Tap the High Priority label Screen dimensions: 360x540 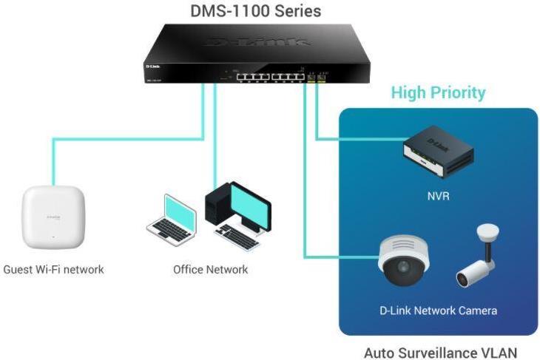[438, 93]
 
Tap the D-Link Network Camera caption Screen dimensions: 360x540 [438, 310]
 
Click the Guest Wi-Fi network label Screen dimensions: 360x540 [53, 270]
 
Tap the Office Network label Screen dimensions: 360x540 [211, 270]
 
